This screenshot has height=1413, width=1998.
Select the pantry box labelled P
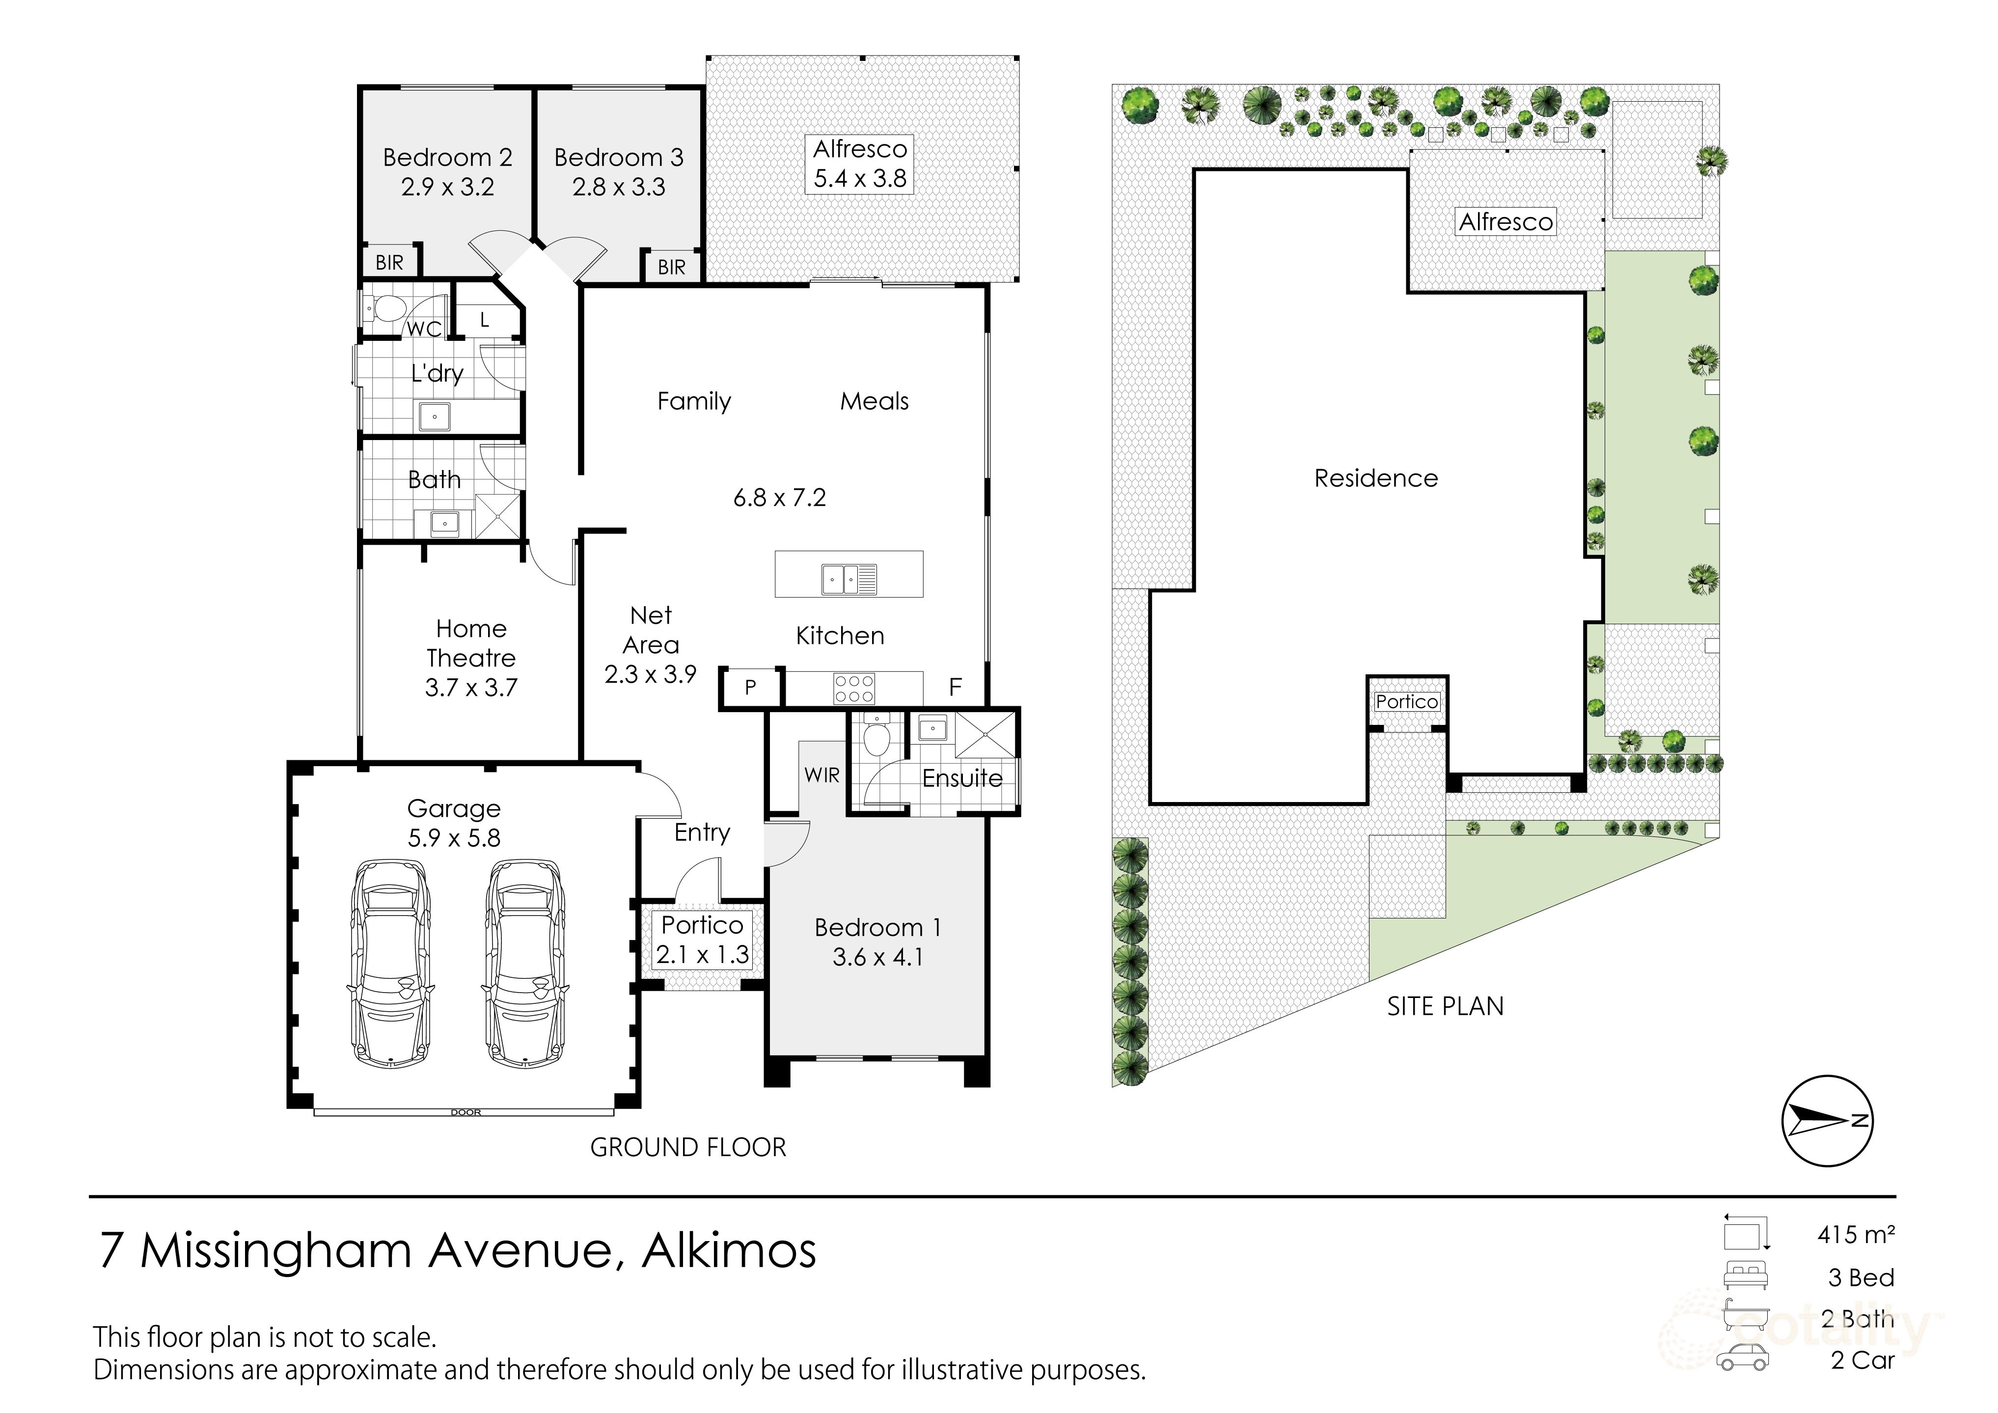point(750,688)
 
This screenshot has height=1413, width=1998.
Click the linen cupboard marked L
point(485,320)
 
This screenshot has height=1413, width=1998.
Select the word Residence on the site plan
point(1376,478)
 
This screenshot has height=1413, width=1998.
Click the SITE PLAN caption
point(1445,1006)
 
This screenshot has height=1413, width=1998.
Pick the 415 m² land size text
point(1855,1235)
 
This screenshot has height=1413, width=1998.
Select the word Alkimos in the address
point(729,1251)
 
